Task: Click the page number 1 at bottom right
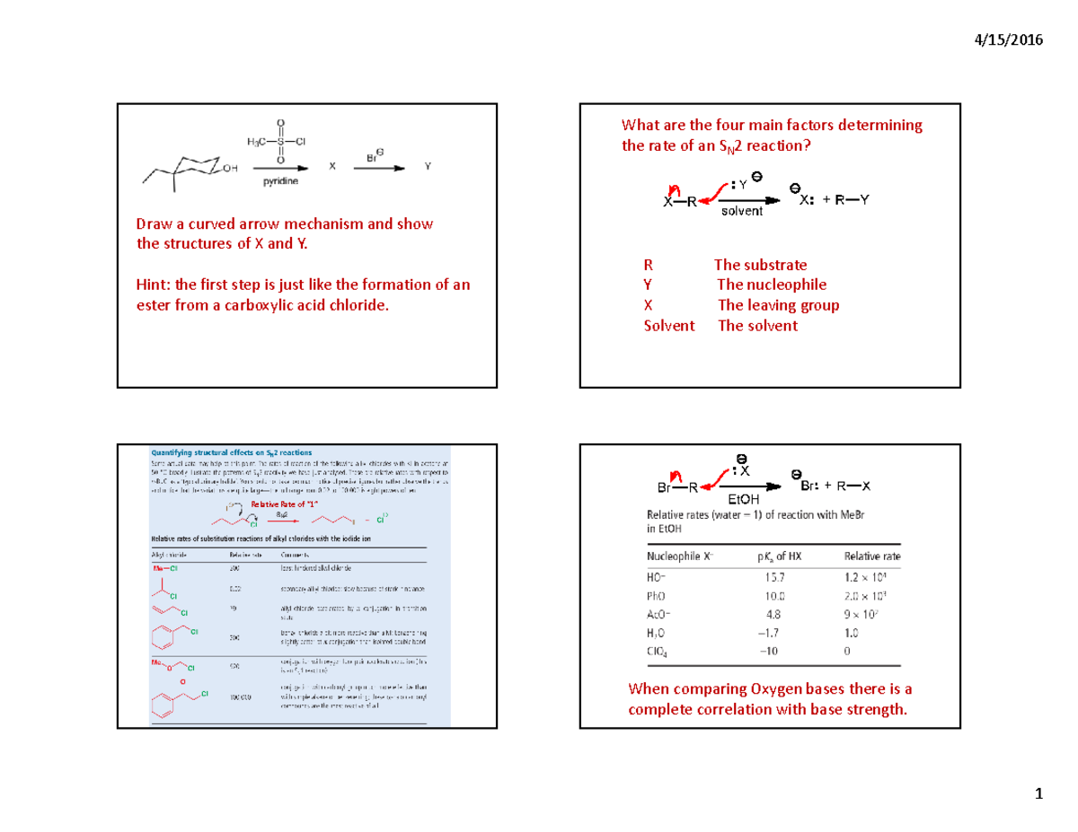click(1038, 794)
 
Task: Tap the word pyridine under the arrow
click(281, 181)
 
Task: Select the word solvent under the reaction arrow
click(741, 212)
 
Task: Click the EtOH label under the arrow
click(742, 498)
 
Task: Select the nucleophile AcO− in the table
click(659, 614)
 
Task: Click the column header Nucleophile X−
click(682, 556)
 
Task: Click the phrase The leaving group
click(778, 305)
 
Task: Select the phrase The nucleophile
click(772, 285)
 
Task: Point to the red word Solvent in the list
click(669, 326)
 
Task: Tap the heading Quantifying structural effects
click(228, 454)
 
